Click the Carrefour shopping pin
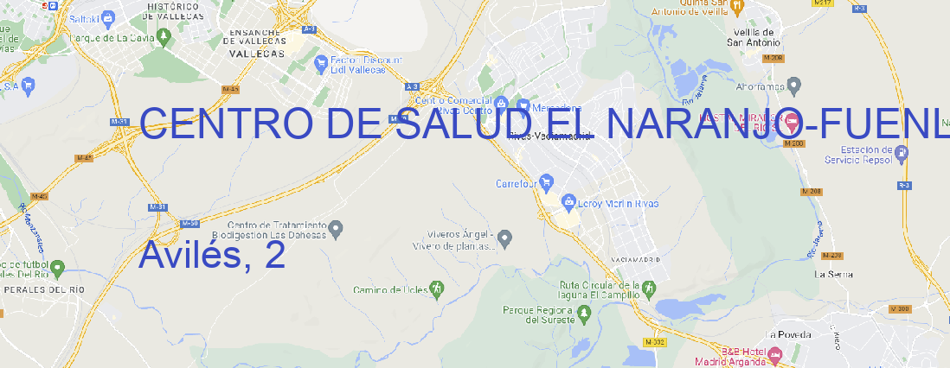547,183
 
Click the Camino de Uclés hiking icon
437,289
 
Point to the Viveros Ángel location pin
506,238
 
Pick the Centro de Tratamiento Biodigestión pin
337,229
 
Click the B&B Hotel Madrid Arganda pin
775,353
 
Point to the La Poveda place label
788,334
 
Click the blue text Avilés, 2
211,255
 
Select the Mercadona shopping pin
523,105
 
